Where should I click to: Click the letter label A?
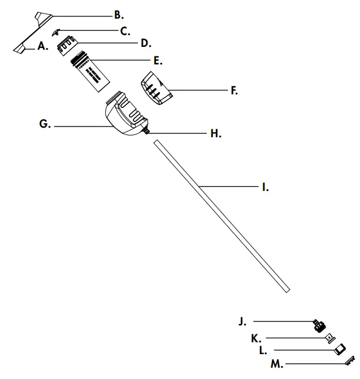coord(42,48)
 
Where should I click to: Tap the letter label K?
coord(256,338)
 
